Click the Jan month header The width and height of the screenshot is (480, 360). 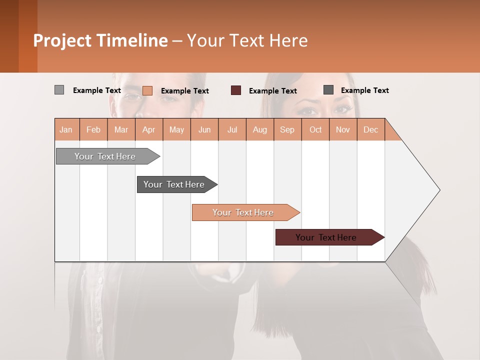click(66, 129)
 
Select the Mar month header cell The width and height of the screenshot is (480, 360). click(121, 129)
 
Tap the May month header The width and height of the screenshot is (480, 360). click(176, 129)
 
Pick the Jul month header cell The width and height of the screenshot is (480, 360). click(232, 129)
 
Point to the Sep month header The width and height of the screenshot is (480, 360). click(287, 129)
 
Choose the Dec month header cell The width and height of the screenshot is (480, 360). click(370, 129)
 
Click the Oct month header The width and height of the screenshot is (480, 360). click(315, 129)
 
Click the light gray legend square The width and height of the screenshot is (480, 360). click(59, 90)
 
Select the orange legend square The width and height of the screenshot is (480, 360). click(147, 90)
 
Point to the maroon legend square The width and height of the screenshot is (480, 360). click(236, 90)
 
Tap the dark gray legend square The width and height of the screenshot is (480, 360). click(328, 90)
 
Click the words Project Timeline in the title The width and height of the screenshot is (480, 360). click(100, 40)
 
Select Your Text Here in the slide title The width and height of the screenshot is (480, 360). click(247, 40)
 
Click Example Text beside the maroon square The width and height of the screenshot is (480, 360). click(272, 91)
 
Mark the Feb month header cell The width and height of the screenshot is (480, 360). click(93, 129)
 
